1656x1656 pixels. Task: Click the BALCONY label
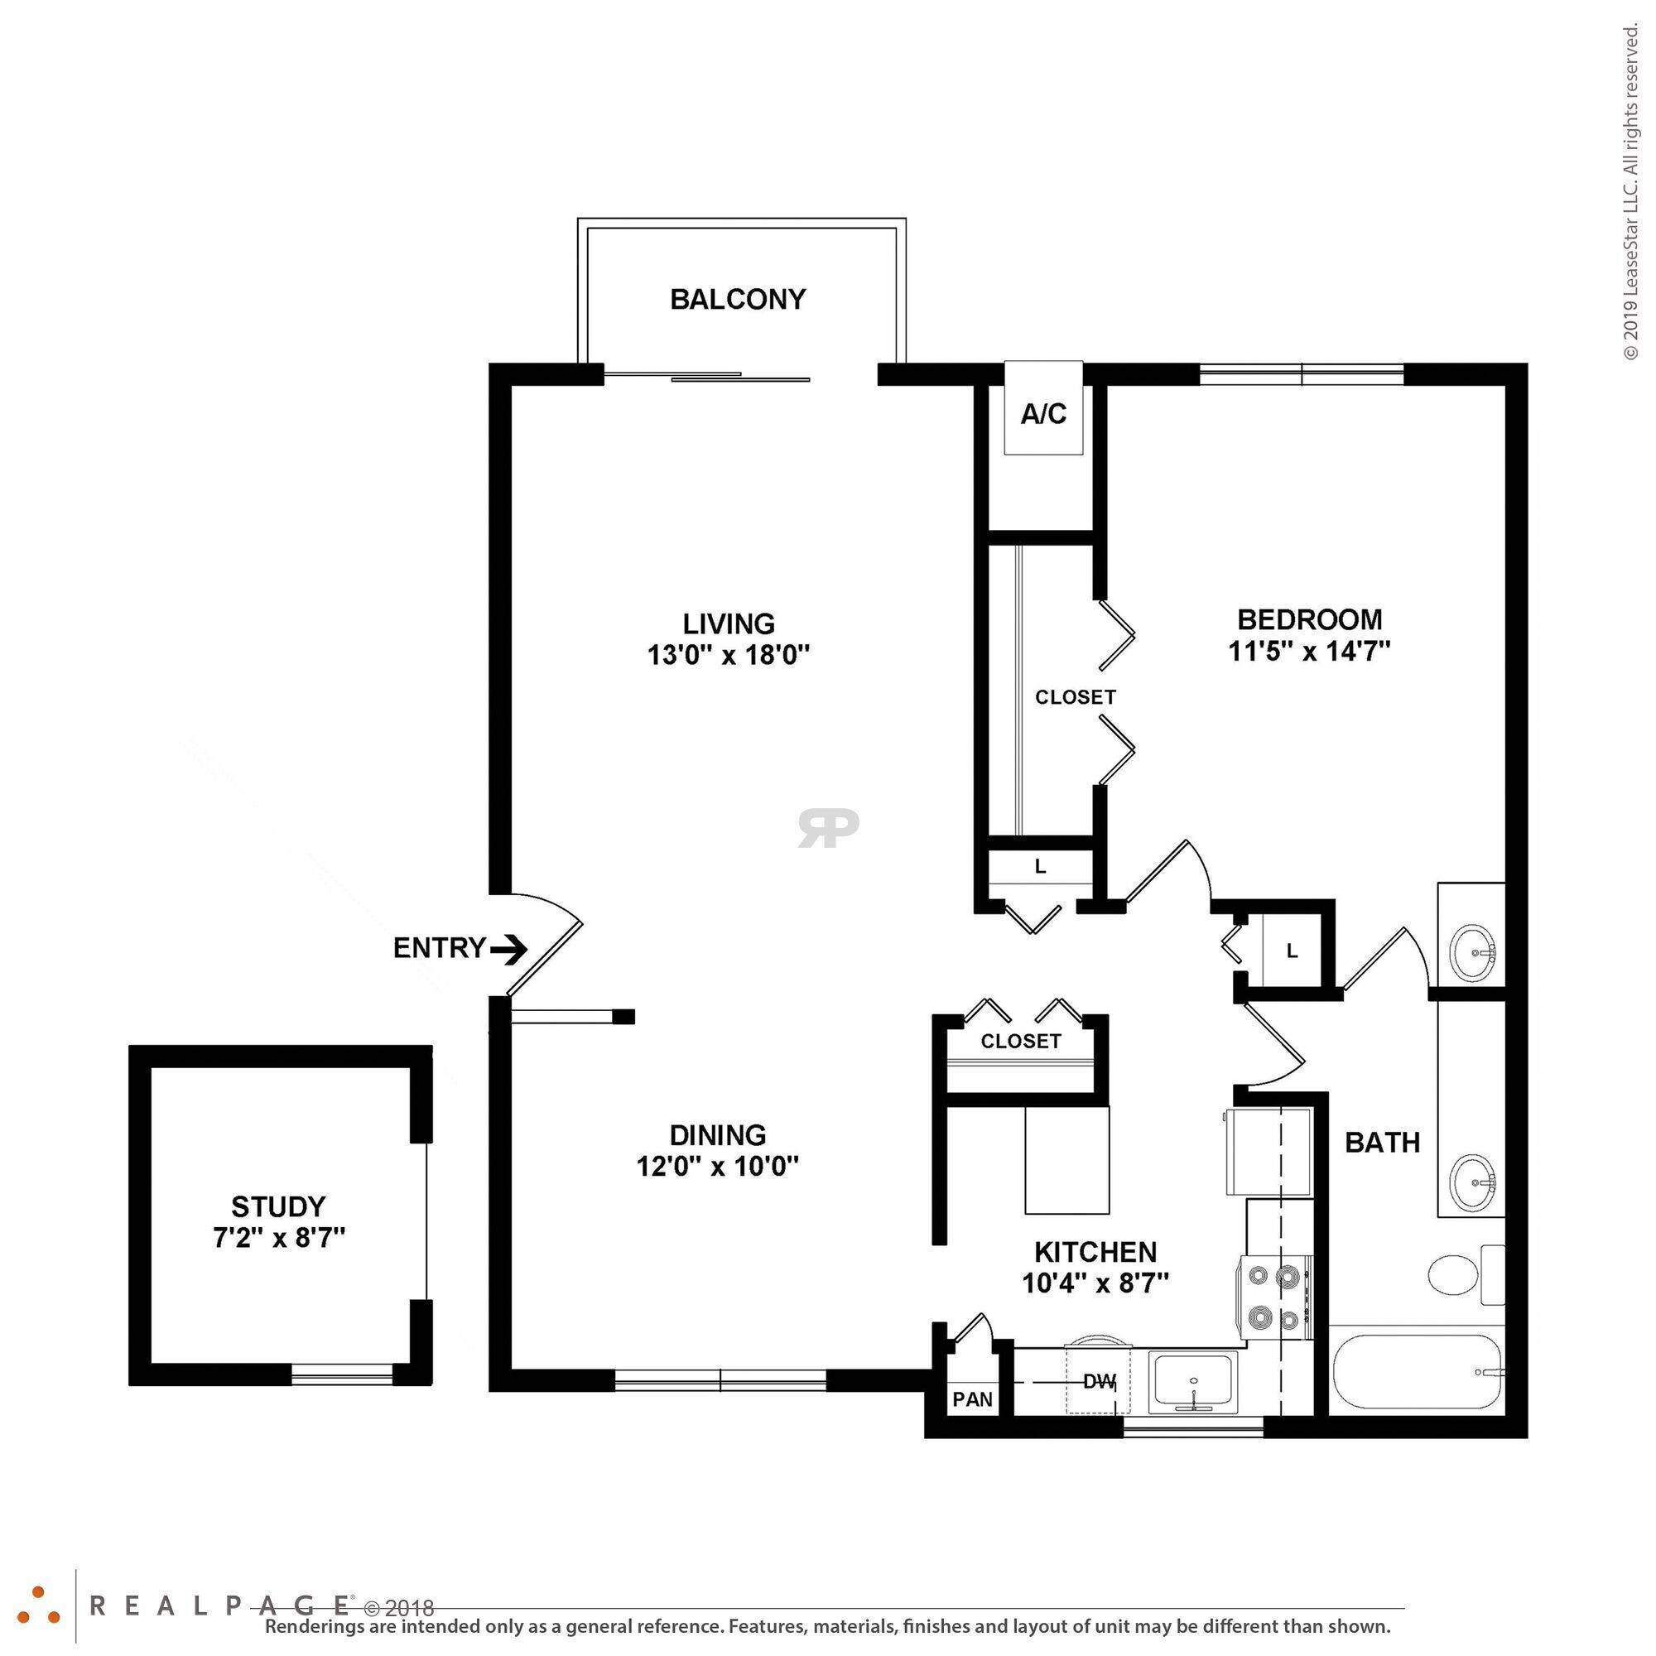737,299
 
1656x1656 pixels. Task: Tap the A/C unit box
1043,412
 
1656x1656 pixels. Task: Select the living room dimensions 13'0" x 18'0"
729,656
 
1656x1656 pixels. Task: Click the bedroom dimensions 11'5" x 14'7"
1309,652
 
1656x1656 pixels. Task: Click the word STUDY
278,1207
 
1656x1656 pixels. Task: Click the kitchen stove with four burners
1274,1297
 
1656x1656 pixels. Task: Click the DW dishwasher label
1100,1382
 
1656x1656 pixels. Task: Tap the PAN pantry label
972,1399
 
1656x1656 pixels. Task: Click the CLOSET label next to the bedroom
1075,698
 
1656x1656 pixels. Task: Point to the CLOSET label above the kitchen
1021,1042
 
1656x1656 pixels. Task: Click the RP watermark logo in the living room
828,827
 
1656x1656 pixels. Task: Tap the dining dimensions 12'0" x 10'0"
717,1167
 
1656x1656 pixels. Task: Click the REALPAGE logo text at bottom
219,1605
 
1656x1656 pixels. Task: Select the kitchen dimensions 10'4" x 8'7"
1095,1284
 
